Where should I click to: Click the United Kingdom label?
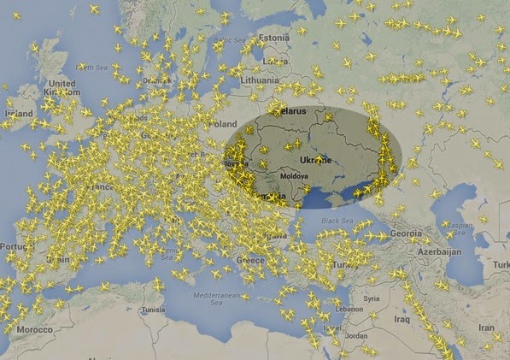[62, 88]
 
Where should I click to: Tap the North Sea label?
[94, 66]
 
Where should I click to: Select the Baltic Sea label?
[231, 40]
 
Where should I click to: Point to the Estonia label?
[274, 38]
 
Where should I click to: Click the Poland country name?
[220, 124]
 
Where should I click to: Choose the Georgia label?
[407, 233]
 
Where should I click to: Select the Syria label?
[371, 298]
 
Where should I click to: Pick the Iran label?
[486, 327]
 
